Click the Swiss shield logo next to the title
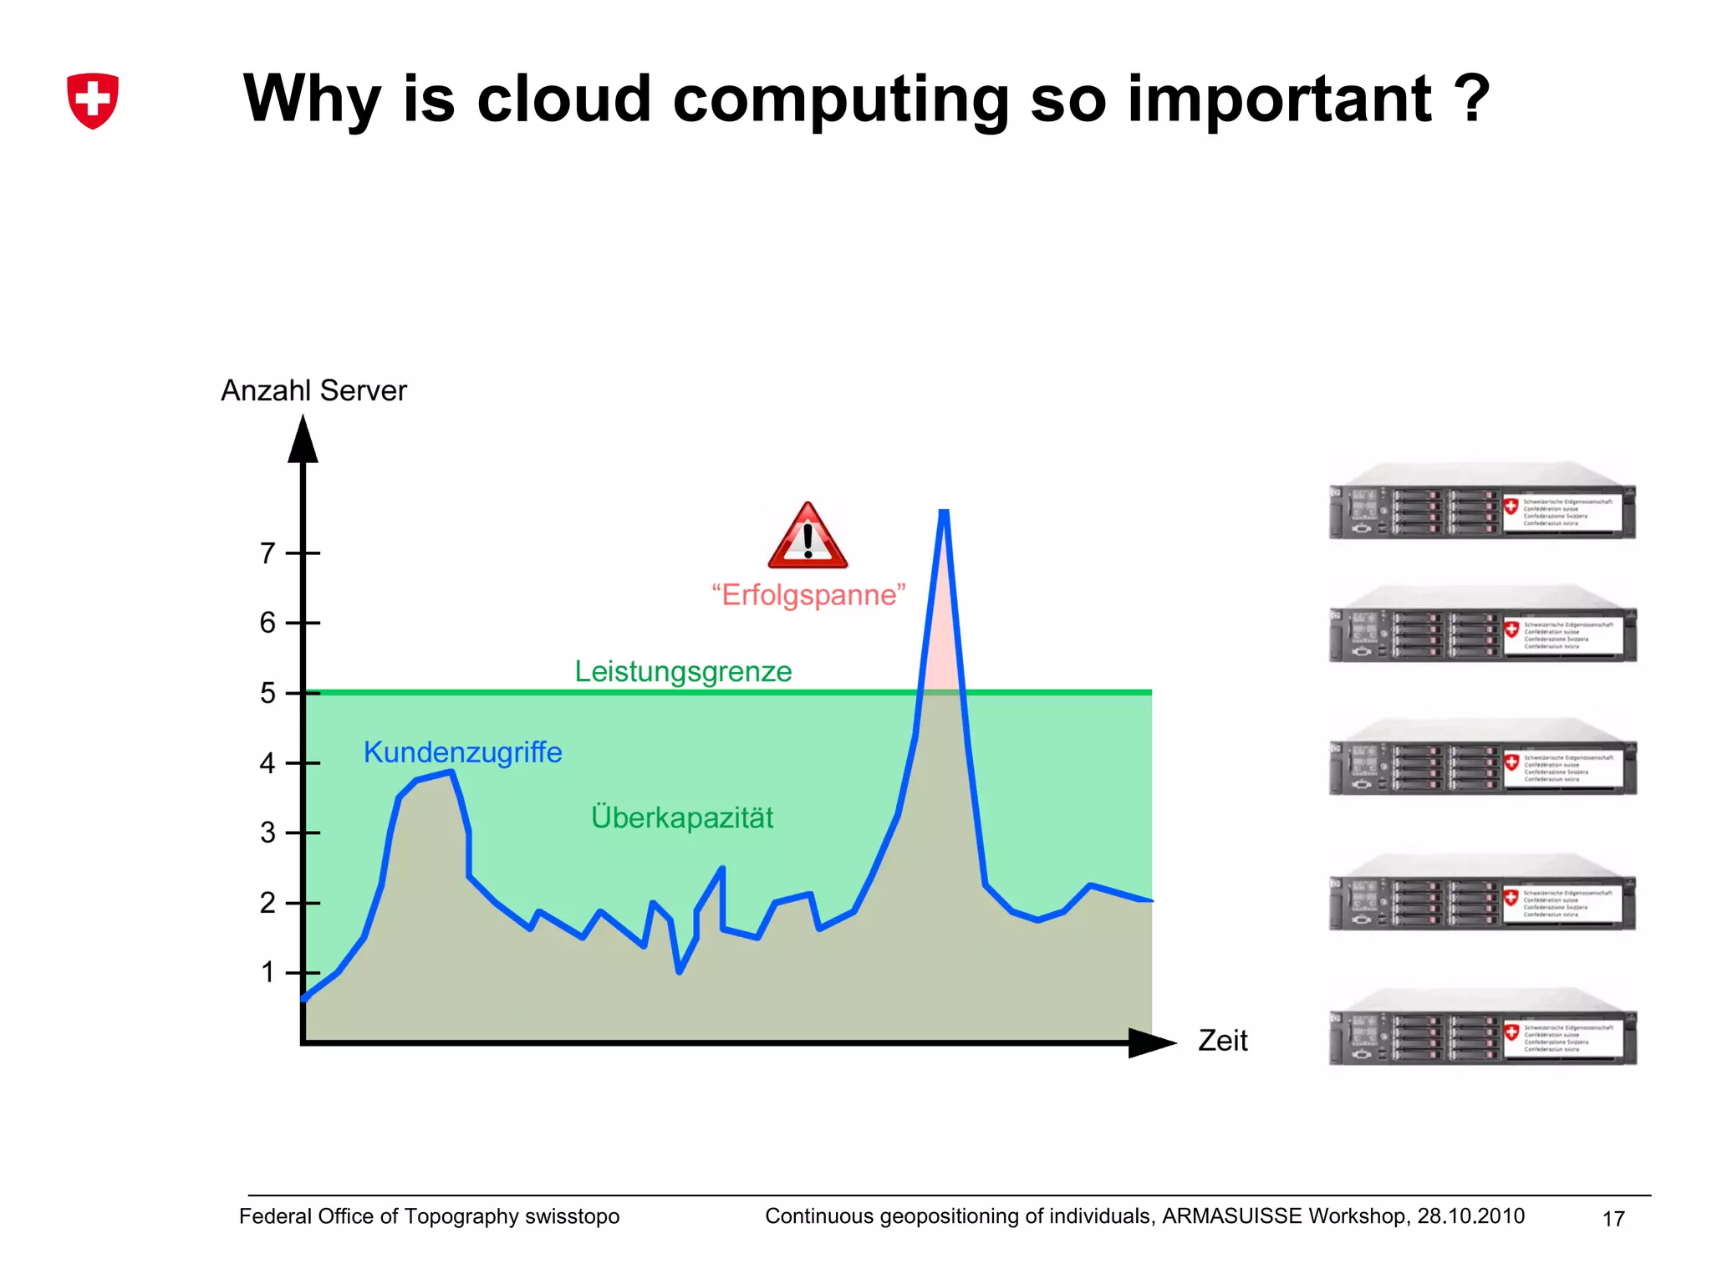coord(93,100)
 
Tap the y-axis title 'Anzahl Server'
coord(313,390)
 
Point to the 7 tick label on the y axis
coord(267,553)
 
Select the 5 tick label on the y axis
coord(267,693)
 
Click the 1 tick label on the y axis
coord(267,972)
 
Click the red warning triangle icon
coord(808,538)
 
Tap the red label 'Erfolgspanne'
coord(808,595)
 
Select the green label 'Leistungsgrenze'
coord(683,671)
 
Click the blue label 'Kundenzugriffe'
coord(462,752)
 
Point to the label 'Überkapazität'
coord(682,818)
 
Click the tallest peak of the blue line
coord(944,512)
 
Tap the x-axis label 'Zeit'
coord(1222,1041)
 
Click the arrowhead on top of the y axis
coord(303,440)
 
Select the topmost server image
coord(1482,502)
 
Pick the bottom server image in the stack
coord(1482,1027)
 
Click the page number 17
coord(1613,1219)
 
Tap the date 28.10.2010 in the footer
coord(1470,1216)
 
